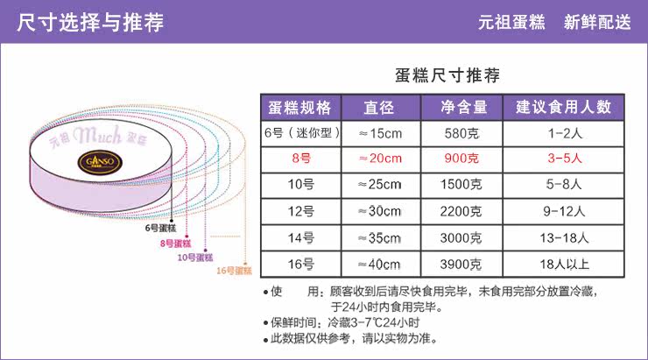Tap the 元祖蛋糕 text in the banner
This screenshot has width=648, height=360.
click(x=511, y=23)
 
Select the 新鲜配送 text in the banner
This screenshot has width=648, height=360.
click(x=598, y=23)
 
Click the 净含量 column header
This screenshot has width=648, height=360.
click(x=461, y=108)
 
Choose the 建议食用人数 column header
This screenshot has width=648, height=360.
click(x=562, y=108)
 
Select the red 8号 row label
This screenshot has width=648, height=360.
click(x=299, y=159)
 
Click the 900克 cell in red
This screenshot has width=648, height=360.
click(x=461, y=159)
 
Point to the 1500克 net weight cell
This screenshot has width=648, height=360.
click(x=461, y=184)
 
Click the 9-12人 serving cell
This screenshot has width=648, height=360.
click(x=562, y=210)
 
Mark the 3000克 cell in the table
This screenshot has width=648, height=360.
click(x=461, y=236)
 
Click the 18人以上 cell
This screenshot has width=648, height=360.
click(x=562, y=263)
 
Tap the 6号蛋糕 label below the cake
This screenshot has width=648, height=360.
click(x=162, y=229)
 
